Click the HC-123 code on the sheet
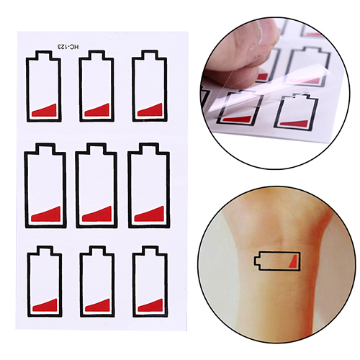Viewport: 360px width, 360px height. pos(68,47)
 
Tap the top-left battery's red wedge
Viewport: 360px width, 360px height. pos(45,111)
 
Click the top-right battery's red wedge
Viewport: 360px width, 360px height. pos(150,110)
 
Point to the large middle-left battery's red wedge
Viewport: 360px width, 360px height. pos(45,214)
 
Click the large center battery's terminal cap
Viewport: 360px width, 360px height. pos(96,149)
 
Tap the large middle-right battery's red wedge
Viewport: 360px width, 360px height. pos(149,214)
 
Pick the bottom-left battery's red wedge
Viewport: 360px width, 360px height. pos(45,305)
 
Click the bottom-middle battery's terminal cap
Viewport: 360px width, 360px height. pos(97,251)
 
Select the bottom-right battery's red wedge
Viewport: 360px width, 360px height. pos(150,305)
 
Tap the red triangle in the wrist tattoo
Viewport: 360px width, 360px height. pos(294,261)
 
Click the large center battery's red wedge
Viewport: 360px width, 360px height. pos(97,214)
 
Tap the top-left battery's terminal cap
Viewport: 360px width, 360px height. pos(43,55)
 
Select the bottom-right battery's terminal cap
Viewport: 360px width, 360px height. pos(150,251)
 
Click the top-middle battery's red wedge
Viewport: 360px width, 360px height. pos(97,110)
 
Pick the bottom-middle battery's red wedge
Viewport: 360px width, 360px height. pos(98,305)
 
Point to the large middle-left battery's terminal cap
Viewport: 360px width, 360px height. pos(45,149)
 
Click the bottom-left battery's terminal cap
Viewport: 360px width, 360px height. pos(45,251)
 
